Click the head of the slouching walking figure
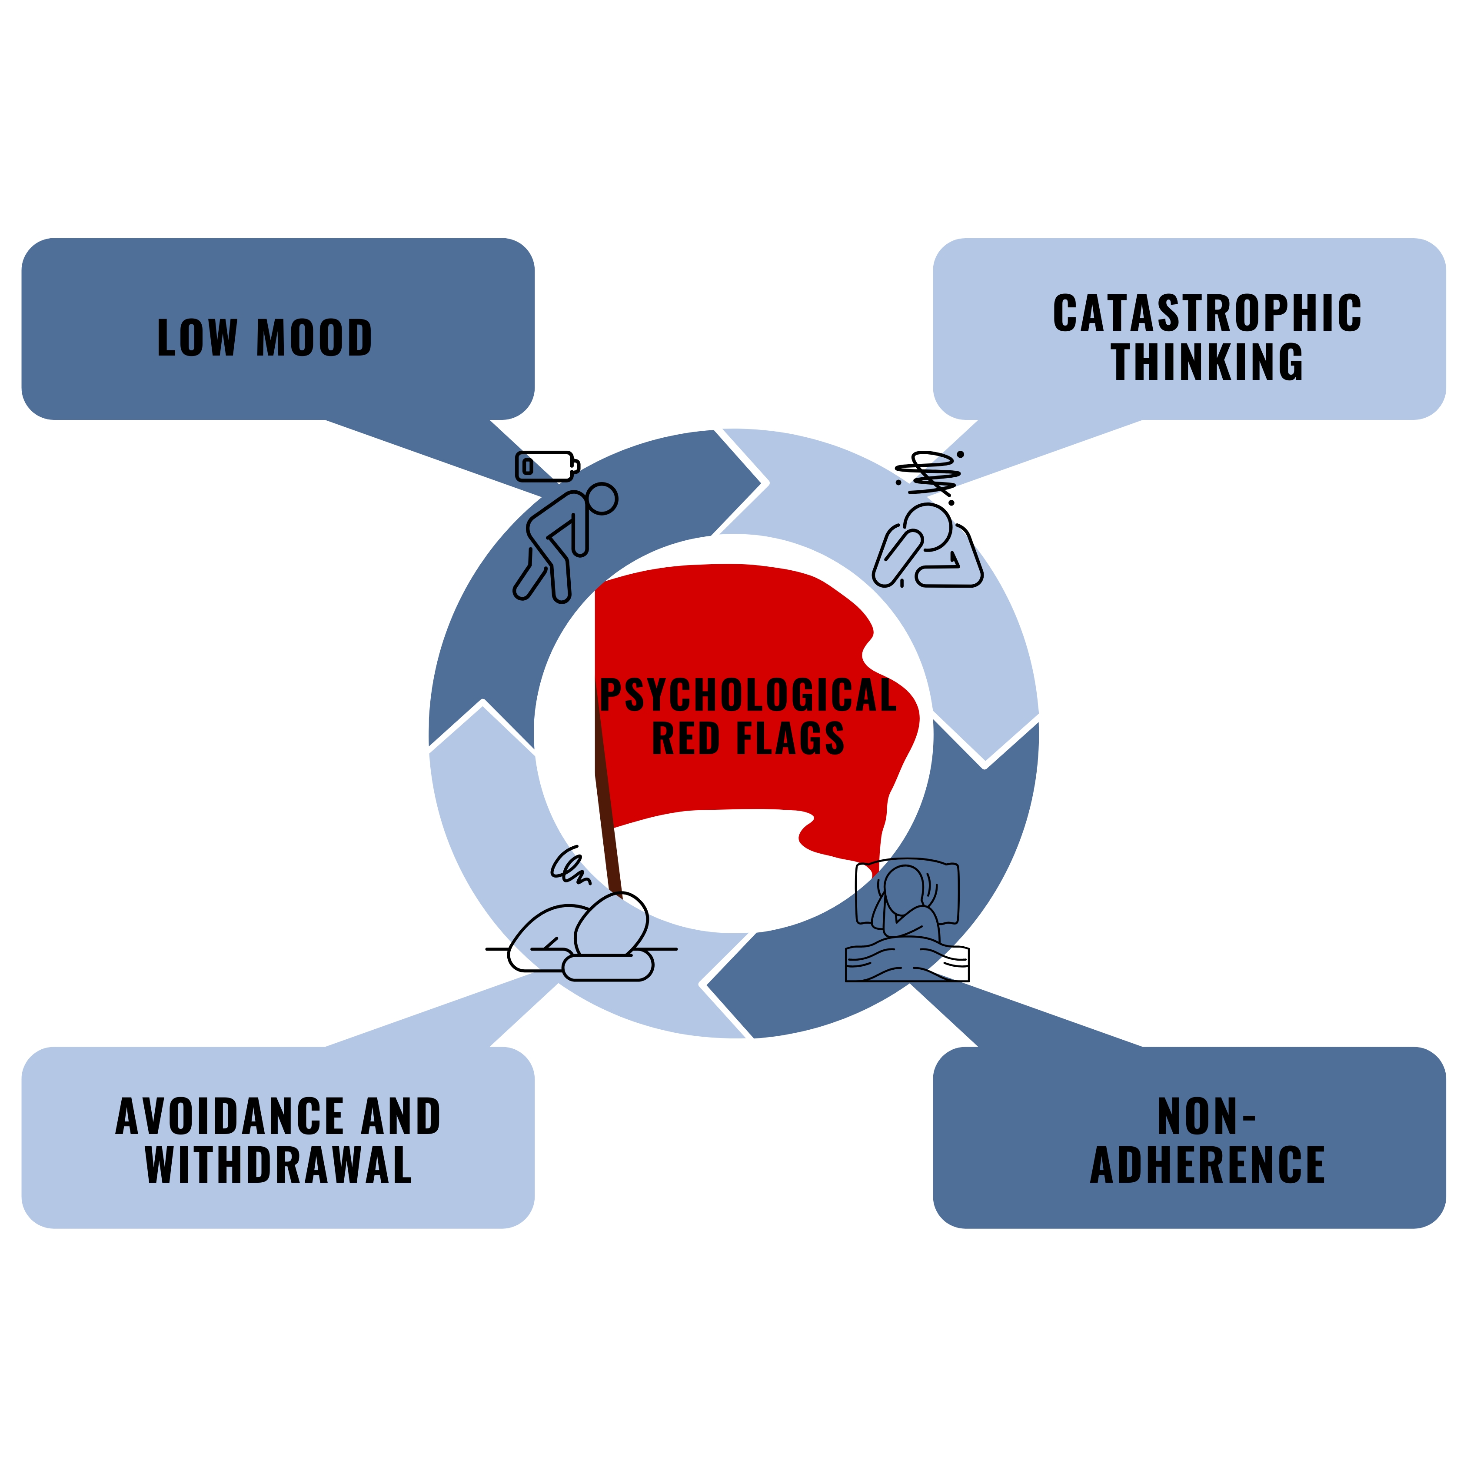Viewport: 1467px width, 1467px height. [602, 499]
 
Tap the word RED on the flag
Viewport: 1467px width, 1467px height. [685, 739]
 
